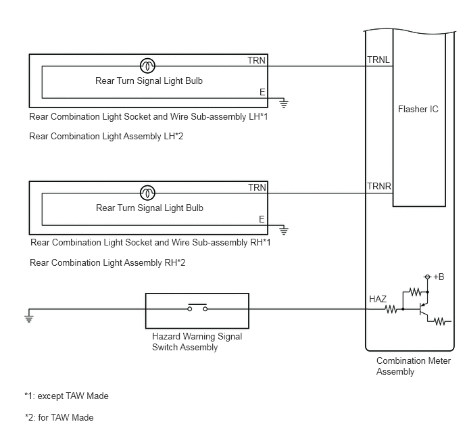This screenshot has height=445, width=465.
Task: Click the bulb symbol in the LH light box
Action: (147, 66)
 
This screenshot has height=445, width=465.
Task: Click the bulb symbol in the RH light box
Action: (147, 193)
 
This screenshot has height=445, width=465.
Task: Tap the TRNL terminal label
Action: (378, 60)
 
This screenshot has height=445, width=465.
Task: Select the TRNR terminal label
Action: (379, 186)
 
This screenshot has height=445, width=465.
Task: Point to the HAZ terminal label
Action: (378, 299)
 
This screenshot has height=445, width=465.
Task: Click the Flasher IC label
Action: (418, 109)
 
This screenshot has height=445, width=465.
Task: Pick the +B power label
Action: (439, 277)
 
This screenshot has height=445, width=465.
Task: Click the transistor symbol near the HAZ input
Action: (424, 310)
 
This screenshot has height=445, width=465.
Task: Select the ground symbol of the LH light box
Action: (284, 103)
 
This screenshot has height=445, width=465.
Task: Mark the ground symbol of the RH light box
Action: (284, 231)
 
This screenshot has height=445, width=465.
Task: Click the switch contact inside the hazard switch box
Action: (197, 308)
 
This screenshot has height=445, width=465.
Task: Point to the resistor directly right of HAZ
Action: (391, 310)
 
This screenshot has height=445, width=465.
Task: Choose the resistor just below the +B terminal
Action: (415, 292)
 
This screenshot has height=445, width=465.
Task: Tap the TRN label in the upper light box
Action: (257, 60)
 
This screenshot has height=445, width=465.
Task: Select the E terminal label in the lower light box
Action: (262, 219)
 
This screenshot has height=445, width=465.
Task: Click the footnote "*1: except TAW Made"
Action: (66, 396)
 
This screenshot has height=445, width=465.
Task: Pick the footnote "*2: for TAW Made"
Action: (59, 418)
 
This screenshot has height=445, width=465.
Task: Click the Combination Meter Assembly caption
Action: (414, 366)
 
